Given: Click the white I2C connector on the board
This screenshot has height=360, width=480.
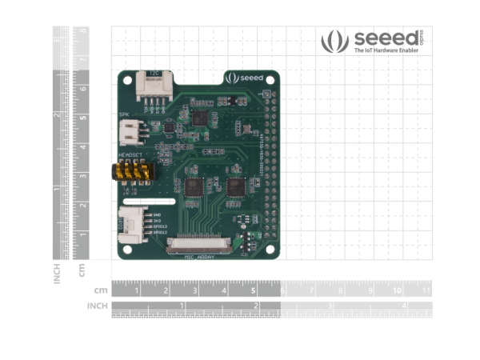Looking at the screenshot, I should click(x=152, y=84).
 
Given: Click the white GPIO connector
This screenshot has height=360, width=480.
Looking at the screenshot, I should click(x=133, y=225).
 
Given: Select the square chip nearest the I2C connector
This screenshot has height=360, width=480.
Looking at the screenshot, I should click(x=199, y=118).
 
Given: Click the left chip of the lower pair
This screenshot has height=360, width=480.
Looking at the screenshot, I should click(x=195, y=187).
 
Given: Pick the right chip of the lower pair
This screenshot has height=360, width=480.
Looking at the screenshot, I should click(x=236, y=187).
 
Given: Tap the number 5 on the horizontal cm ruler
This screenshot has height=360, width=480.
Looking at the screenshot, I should click(x=253, y=290).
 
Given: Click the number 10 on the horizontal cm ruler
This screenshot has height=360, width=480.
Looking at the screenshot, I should click(x=397, y=290).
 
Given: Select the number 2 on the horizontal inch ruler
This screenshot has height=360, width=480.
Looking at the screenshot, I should click(x=255, y=306).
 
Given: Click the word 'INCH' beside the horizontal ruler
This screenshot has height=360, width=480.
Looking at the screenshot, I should click(x=98, y=306).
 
